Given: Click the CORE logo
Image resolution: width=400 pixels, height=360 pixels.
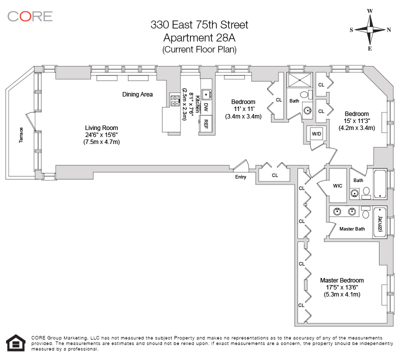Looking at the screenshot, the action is click(x=30, y=16).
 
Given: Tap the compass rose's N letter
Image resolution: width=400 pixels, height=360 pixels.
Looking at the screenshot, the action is click(x=388, y=30).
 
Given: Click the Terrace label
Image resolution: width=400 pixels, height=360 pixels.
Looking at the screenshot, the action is click(x=21, y=135).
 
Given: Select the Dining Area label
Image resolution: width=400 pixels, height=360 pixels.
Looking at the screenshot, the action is click(x=137, y=94).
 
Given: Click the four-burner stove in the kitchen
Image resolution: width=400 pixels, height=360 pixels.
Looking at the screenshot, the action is click(x=174, y=100).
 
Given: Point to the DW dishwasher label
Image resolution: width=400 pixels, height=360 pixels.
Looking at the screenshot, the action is click(x=206, y=107).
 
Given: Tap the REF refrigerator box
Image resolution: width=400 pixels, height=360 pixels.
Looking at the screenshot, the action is click(x=205, y=124).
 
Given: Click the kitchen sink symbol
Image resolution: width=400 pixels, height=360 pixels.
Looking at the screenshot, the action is click(x=206, y=94).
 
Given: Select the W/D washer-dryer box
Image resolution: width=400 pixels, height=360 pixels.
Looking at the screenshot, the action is click(x=316, y=133).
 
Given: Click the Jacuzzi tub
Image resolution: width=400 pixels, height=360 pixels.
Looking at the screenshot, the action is click(x=379, y=223).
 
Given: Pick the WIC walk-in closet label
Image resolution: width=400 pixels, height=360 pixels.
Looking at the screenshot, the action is click(x=337, y=185).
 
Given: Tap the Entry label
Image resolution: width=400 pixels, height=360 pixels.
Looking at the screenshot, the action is click(x=240, y=177).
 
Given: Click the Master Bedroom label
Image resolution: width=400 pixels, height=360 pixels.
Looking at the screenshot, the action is click(x=342, y=280).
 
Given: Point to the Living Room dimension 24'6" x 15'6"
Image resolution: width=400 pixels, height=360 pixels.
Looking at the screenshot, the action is click(x=101, y=134).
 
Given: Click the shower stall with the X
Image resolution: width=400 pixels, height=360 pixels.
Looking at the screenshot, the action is click(x=299, y=80).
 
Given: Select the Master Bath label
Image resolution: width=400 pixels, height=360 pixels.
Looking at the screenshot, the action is click(x=352, y=229).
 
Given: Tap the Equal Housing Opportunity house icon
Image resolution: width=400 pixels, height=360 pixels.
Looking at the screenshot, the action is click(x=15, y=342).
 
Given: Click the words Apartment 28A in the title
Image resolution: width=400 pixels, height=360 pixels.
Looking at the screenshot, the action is click(x=199, y=38).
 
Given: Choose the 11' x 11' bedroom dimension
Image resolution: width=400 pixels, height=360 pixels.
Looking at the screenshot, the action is click(x=243, y=109).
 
